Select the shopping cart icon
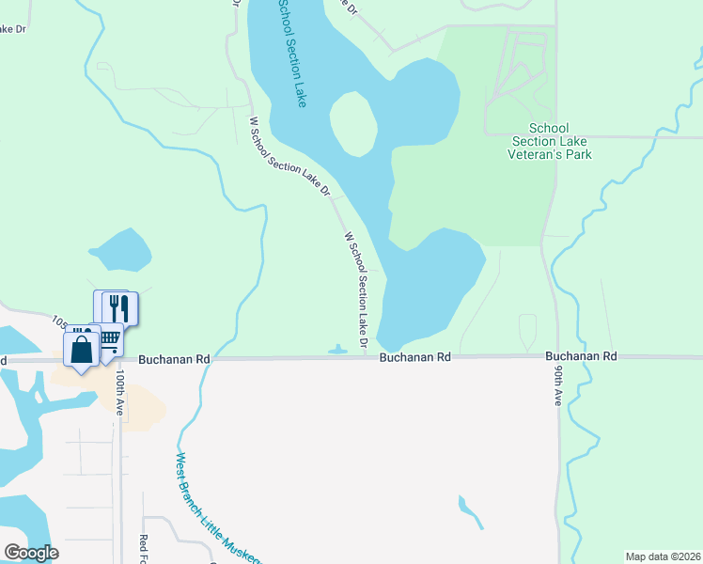pos(108,337)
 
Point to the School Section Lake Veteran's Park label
pos(560,141)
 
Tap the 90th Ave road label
pos(558,386)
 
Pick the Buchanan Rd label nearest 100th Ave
pos(174,359)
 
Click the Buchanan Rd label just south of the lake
pos(415,358)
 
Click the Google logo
pos(30,553)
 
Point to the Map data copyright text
pos(663,556)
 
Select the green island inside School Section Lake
pos(353,124)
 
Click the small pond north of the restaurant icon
pos(120,250)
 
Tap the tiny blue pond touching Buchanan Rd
pos(337,352)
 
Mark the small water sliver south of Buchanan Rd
pos(470,510)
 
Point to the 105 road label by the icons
pos(61,322)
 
